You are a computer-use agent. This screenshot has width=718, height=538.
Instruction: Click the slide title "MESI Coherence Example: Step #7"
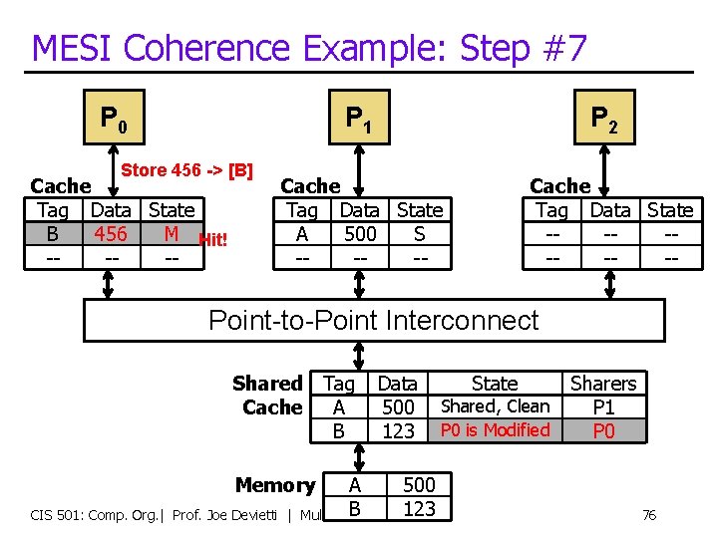tap(309, 47)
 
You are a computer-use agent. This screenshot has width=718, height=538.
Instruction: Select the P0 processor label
tap(112, 120)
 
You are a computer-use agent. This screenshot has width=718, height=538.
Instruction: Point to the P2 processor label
tap(604, 120)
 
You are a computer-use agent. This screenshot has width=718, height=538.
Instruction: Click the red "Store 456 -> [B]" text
tap(186, 169)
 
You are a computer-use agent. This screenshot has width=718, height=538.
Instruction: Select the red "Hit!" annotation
tap(213, 239)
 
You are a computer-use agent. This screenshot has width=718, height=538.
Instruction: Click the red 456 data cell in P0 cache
tap(111, 234)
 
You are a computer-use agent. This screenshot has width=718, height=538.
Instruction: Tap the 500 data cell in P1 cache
tap(359, 234)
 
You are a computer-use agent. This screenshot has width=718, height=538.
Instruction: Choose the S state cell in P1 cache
tap(419, 234)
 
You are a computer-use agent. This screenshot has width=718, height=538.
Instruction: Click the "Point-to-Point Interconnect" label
tap(373, 320)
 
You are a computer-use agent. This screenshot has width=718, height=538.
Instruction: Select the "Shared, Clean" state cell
tap(495, 406)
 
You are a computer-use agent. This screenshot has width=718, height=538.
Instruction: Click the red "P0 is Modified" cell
tap(495, 430)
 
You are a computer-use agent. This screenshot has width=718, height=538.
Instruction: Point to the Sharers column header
tap(603, 384)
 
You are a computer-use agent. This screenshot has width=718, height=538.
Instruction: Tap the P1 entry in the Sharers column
tap(603, 406)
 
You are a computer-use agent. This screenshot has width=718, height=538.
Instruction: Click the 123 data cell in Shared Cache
tap(398, 430)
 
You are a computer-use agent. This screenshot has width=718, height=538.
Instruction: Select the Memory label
tap(274, 485)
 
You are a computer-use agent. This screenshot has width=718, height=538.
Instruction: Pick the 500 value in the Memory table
tap(418, 485)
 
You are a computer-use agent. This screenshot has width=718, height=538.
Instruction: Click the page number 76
tap(648, 515)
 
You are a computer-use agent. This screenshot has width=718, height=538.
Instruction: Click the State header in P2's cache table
tap(670, 210)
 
